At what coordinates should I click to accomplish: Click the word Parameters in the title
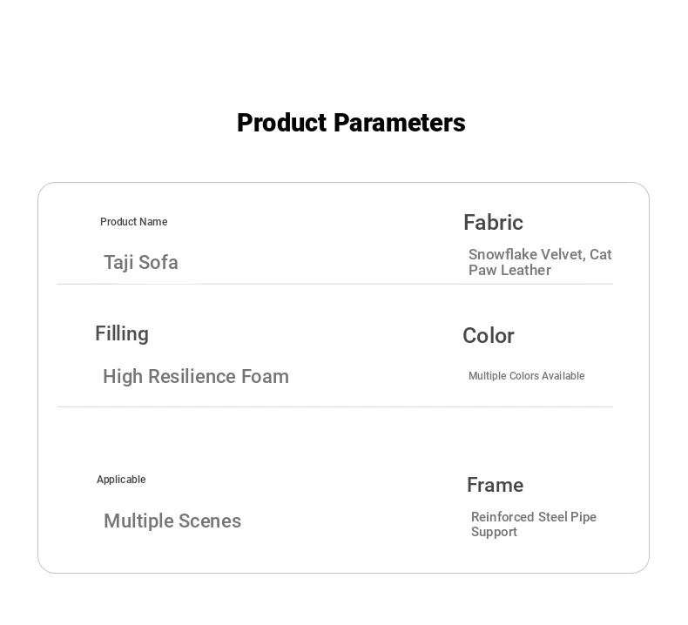pyautogui.click(x=399, y=123)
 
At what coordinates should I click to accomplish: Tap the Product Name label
pyautogui.click(x=134, y=222)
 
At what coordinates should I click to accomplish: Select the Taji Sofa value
pyautogui.click(x=141, y=263)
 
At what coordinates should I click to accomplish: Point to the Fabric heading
pyautogui.click(x=493, y=222)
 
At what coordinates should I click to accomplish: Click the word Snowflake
pyautogui.click(x=503, y=254)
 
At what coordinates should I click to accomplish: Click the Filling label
pyautogui.click(x=122, y=334)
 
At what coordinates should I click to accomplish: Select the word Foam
pyautogui.click(x=265, y=376)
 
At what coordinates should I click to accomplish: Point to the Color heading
pyautogui.click(x=489, y=336)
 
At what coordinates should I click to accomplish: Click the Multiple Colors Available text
pyautogui.click(x=527, y=376)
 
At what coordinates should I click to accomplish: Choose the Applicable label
pyautogui.click(x=121, y=480)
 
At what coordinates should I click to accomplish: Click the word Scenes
pyautogui.click(x=210, y=521)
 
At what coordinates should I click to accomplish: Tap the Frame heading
pyautogui.click(x=495, y=485)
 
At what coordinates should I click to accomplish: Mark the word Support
pyautogui.click(x=494, y=532)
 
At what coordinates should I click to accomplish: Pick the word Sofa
pyautogui.click(x=159, y=263)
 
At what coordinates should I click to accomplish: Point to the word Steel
pyautogui.click(x=552, y=517)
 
